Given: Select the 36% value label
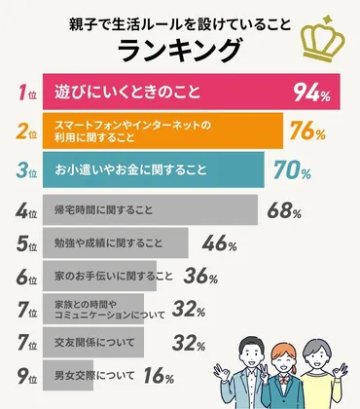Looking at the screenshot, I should (200, 277).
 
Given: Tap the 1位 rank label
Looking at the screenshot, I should (28, 93).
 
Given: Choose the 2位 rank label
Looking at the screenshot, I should (28, 131).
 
